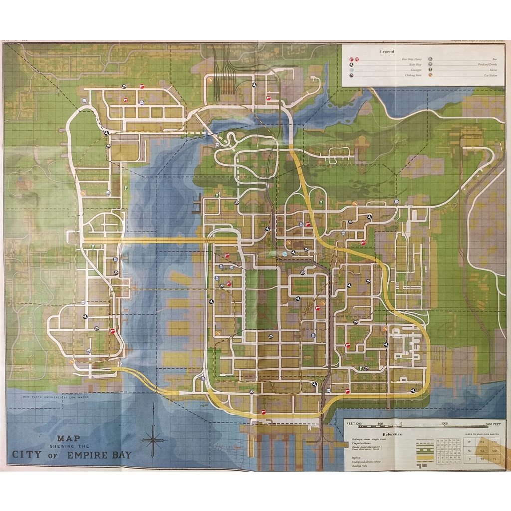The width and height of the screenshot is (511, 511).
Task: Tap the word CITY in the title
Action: tap(27, 455)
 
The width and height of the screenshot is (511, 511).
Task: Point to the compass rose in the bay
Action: tap(153, 439)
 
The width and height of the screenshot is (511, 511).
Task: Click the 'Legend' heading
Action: tap(386, 51)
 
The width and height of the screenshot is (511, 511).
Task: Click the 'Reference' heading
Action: tap(392, 434)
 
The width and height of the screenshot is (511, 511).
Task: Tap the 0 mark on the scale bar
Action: tap(401, 424)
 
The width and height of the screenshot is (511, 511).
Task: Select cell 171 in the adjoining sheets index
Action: tap(469, 442)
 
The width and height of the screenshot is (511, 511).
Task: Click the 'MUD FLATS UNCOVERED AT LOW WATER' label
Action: tap(49, 397)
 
